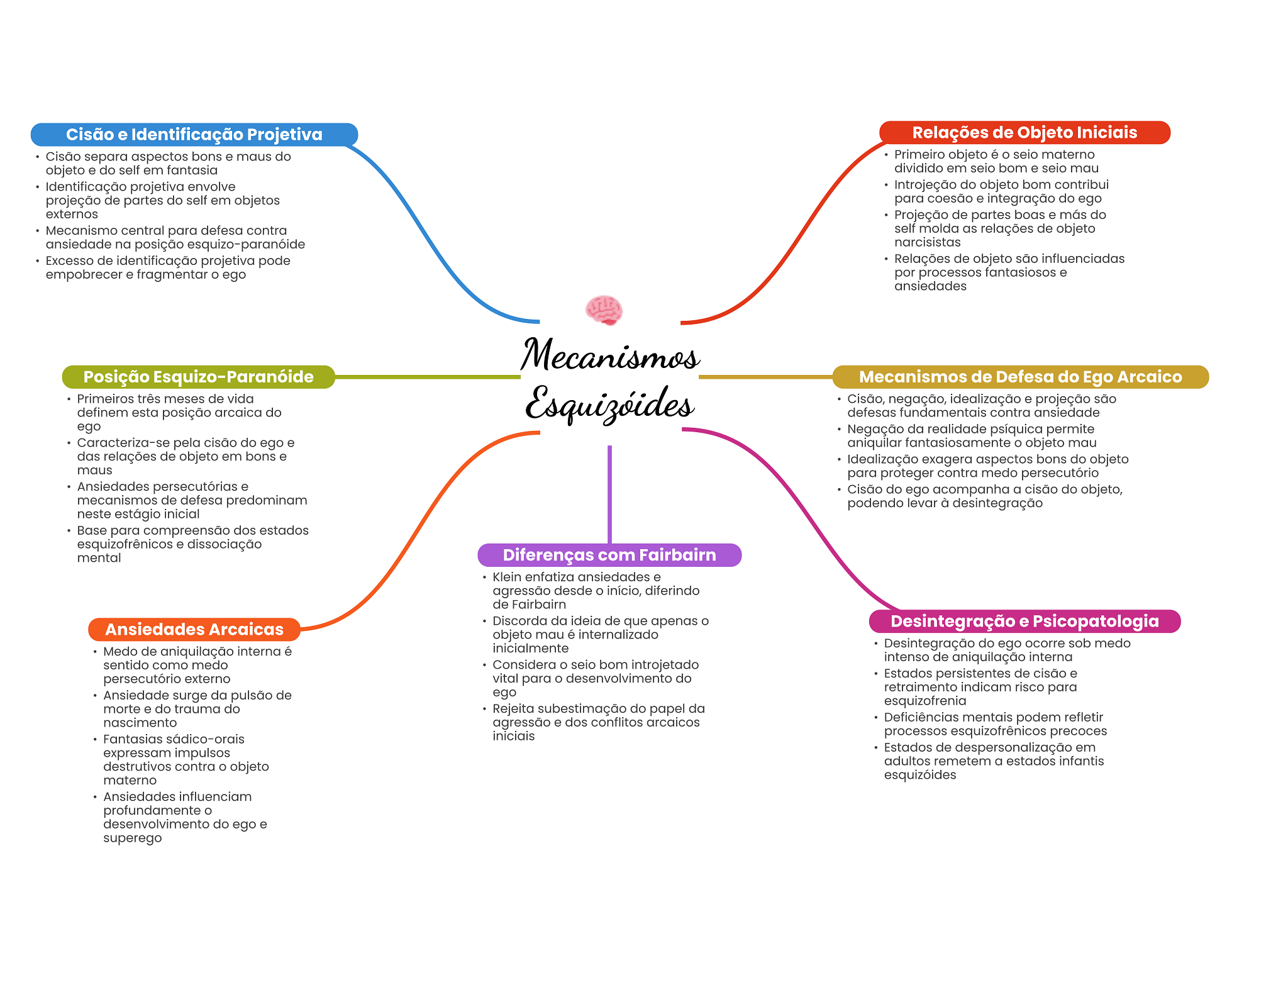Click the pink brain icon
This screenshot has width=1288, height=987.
click(604, 309)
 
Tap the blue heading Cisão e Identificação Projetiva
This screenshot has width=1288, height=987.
click(194, 135)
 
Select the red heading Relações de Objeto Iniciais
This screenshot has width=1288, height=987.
click(1024, 133)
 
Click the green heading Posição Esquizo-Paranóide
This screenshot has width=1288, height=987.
click(199, 377)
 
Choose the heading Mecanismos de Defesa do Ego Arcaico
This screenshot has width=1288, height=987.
click(1021, 377)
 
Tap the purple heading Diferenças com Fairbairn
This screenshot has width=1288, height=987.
click(609, 555)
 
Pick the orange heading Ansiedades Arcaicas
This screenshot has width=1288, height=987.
click(194, 629)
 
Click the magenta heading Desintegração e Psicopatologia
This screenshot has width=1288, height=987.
click(1024, 621)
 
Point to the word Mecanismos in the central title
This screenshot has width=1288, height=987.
click(610, 354)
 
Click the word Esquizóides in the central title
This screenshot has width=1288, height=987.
click(610, 404)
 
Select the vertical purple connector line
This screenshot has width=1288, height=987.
click(609, 494)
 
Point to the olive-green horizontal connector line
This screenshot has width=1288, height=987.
click(428, 377)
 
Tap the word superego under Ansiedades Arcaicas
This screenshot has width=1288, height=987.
click(133, 838)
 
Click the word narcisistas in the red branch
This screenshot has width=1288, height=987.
click(928, 242)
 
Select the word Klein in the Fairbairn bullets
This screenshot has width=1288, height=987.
click(507, 577)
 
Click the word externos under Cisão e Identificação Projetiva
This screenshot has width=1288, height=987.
click(72, 214)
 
